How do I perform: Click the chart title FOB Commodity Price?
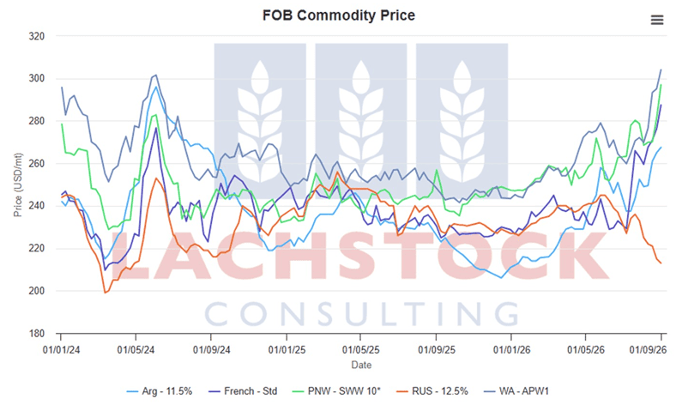coord(338,15)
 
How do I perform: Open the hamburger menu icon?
coord(657,20)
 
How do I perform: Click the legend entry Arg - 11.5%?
coord(160,391)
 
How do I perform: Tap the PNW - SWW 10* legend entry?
coord(336,391)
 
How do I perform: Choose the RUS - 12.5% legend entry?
coord(432,391)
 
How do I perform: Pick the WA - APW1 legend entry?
coord(516,391)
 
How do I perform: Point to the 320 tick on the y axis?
coord(37,37)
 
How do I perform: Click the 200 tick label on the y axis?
coord(37,291)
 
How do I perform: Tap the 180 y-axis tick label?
coord(37,334)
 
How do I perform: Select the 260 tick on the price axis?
coord(37,164)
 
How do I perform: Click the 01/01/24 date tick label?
coord(61,349)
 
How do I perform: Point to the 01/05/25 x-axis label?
coord(360,349)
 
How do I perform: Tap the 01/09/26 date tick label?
coord(648,349)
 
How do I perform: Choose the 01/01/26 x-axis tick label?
coord(511,349)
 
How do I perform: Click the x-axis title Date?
coord(361,365)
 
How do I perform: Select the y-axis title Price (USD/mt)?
coord(17,184)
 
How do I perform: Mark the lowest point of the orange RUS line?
coord(105,293)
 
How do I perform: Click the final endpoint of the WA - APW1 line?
coord(661,69)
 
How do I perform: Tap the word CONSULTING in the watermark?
coord(362,314)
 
